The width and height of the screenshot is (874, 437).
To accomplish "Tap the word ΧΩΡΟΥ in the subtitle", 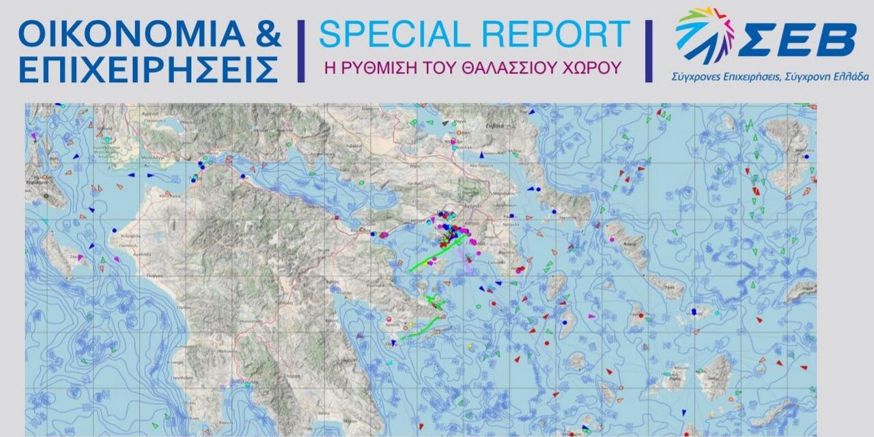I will tap(598, 68).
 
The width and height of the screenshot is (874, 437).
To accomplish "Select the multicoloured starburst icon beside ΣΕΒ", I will tap(704, 34).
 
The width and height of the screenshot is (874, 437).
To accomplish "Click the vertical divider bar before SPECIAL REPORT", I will tap(300, 51).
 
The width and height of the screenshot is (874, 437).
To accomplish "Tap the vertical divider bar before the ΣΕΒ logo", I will tap(649, 51).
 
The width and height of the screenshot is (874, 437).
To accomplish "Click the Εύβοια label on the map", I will tap(494, 126).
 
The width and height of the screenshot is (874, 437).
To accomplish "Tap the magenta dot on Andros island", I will tap(611, 240).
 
